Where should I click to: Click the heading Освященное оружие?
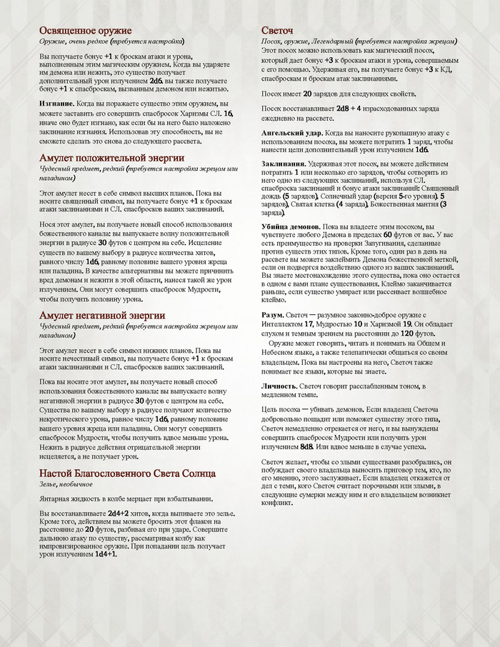(x=85, y=31)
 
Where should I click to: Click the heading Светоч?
(x=278, y=31)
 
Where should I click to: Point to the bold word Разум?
(x=273, y=315)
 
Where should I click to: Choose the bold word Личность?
(x=279, y=386)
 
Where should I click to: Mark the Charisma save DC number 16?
(x=228, y=114)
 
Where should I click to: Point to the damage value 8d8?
(x=306, y=446)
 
